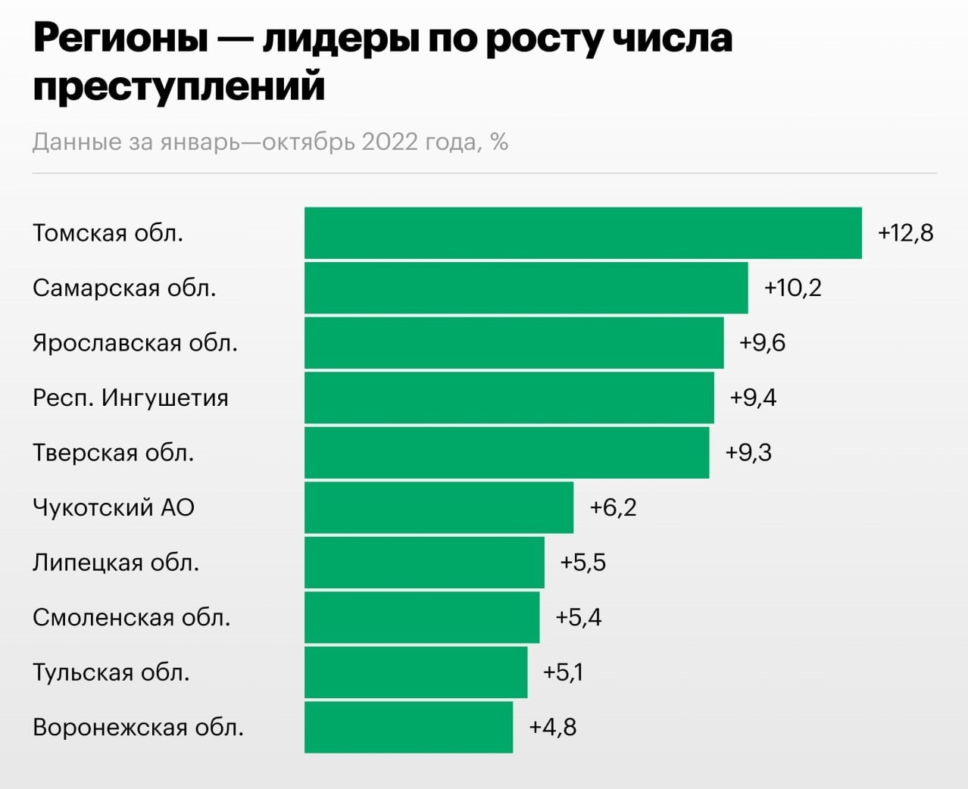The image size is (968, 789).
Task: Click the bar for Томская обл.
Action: [x=583, y=233]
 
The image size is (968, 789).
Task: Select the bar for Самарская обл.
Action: [x=526, y=288]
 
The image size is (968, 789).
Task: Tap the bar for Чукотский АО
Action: [x=439, y=507]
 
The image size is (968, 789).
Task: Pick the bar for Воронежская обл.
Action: [x=409, y=727]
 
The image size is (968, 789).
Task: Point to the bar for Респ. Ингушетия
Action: [x=509, y=398]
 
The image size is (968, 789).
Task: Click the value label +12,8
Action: [x=905, y=232]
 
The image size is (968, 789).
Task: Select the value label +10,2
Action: [x=792, y=288]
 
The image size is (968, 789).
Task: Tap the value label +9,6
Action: [x=762, y=343]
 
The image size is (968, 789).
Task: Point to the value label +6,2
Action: [x=613, y=507]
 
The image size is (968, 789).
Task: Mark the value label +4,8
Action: [x=552, y=727]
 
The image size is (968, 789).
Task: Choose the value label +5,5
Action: [x=582, y=563]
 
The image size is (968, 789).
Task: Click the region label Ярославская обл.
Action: [x=135, y=343]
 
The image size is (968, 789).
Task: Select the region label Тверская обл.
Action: [x=114, y=453]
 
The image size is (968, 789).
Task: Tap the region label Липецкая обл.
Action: [x=116, y=563]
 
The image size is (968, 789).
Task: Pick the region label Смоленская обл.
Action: [x=131, y=618]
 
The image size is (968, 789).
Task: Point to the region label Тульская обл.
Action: [x=111, y=672]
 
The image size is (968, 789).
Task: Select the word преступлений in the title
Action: [x=179, y=85]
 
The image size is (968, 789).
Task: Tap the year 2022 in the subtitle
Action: [x=389, y=142]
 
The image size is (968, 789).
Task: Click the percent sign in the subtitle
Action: [x=499, y=142]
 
